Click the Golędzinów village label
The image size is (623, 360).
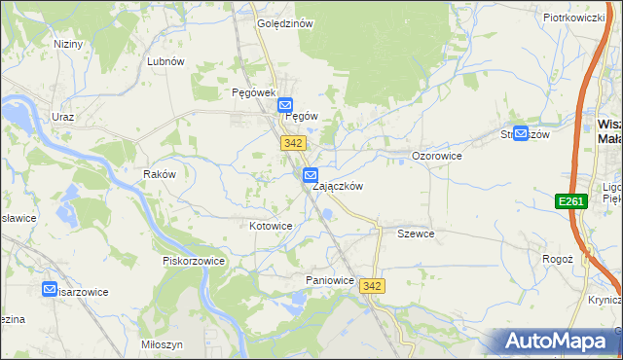[x=284, y=24]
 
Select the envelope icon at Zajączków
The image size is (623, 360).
[x=311, y=176]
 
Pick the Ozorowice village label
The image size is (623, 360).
[x=436, y=156]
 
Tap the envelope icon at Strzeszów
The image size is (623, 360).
[x=521, y=134]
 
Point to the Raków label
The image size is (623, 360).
[x=159, y=174]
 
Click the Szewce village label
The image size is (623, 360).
[x=416, y=234]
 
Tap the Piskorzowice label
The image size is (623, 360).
[x=194, y=261]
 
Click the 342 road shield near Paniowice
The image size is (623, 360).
[x=371, y=285]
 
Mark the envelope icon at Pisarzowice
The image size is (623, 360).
[x=51, y=289]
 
